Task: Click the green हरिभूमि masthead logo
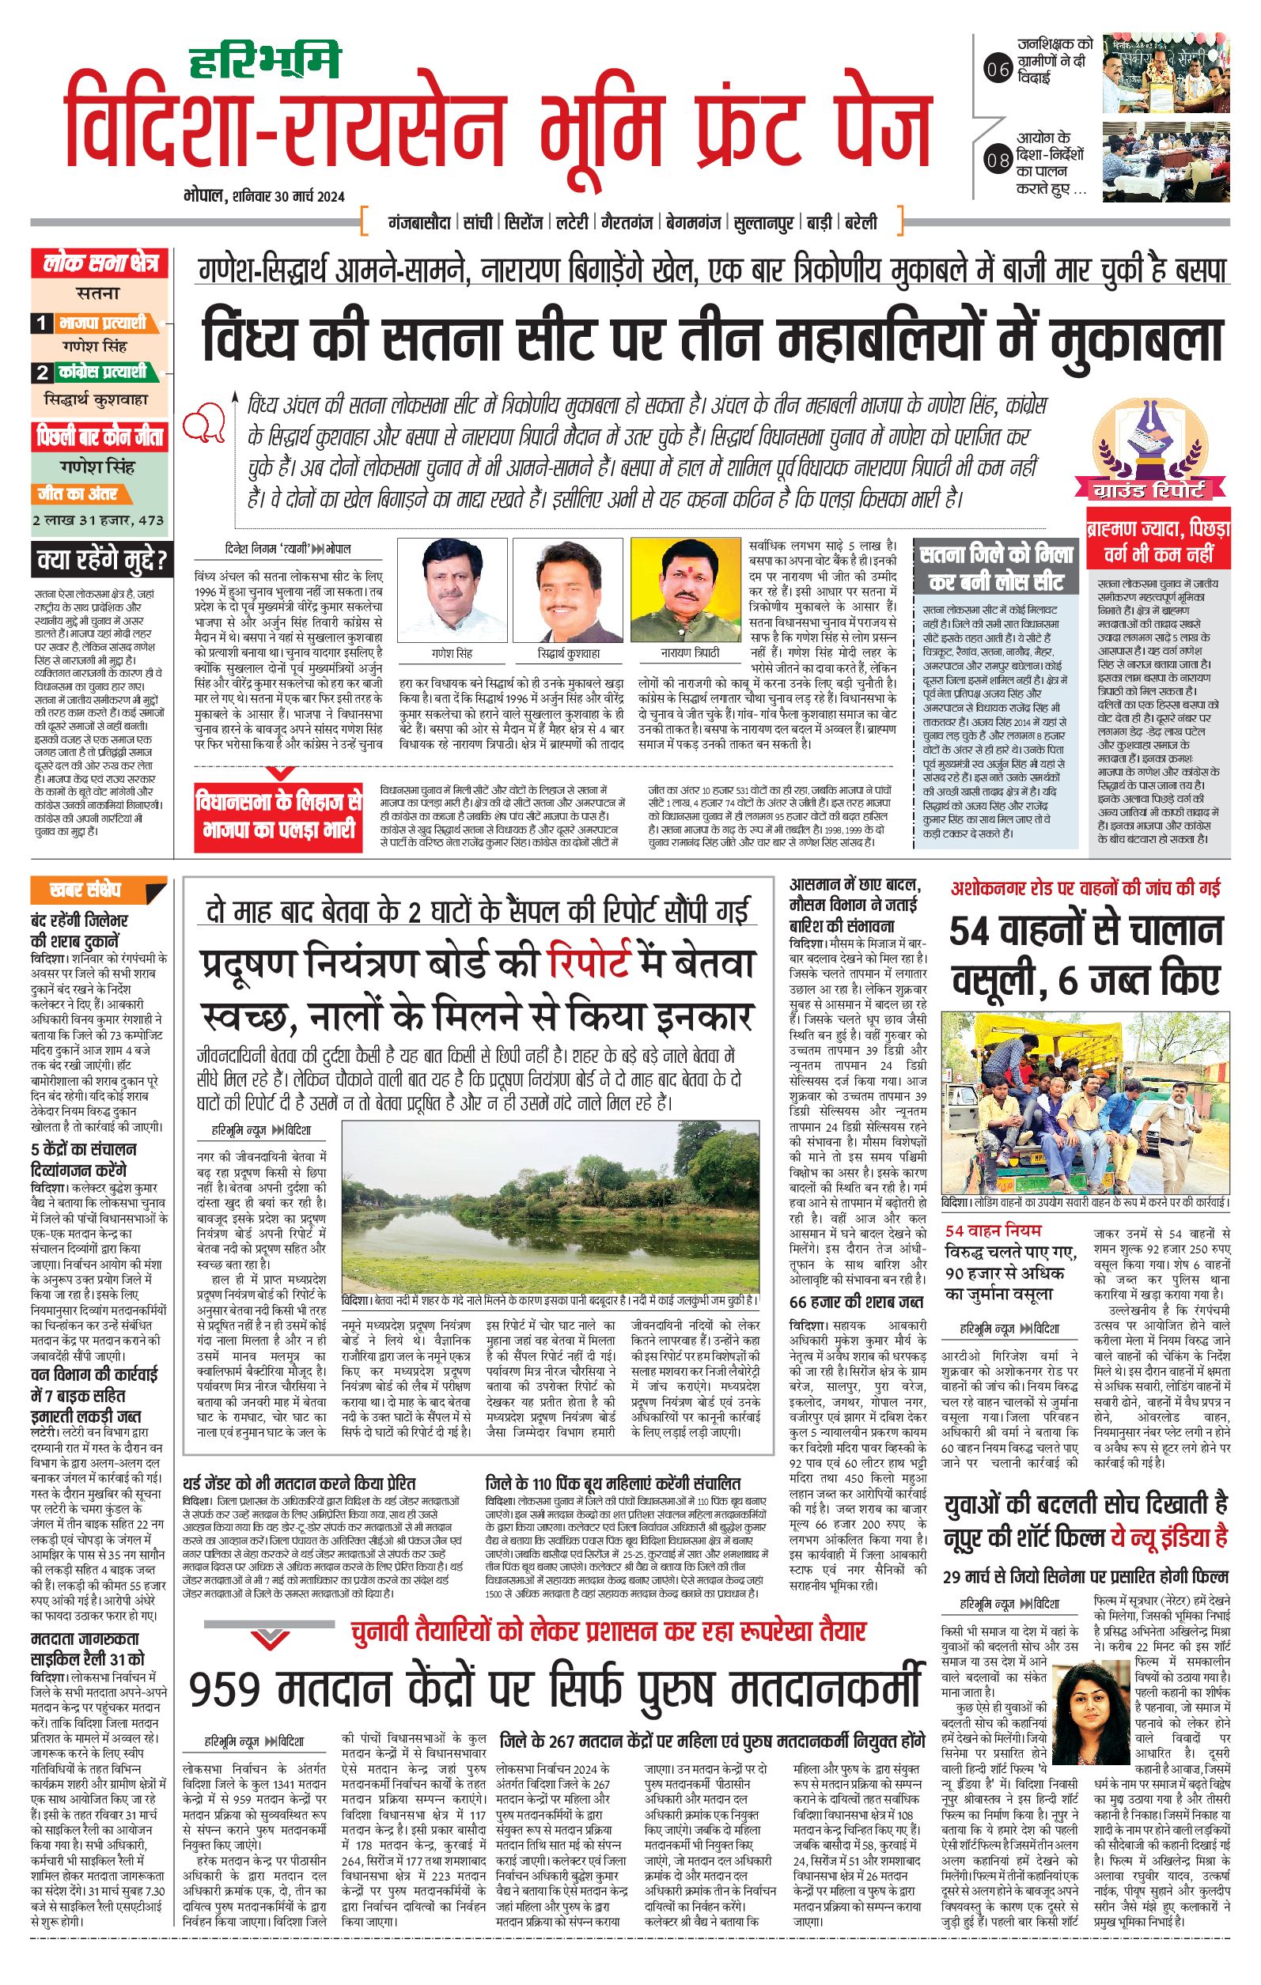point(264,62)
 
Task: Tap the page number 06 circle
point(998,70)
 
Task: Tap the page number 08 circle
point(998,160)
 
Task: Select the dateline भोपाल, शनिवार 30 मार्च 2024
point(264,196)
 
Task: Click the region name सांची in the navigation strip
point(478,222)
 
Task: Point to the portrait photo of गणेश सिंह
point(451,588)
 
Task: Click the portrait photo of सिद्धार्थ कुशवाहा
point(568,588)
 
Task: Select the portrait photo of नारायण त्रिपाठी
point(687,588)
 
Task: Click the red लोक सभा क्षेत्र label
point(100,265)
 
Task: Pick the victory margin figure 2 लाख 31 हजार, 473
point(98,521)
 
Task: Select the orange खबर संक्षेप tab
point(85,890)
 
